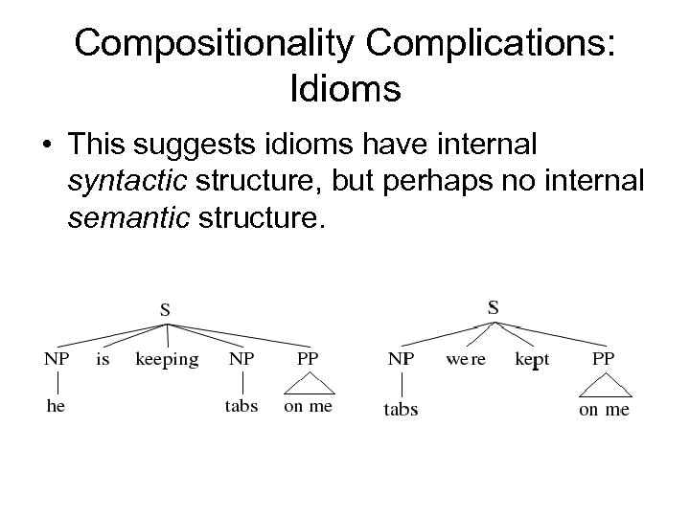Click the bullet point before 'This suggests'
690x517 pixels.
click(x=46, y=146)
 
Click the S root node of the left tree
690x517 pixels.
click(x=166, y=309)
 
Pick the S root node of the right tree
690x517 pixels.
click(x=493, y=307)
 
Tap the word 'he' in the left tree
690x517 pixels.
click(x=57, y=405)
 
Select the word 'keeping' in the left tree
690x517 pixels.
click(x=167, y=360)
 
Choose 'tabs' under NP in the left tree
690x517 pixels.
click(x=242, y=405)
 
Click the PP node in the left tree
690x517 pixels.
click(x=308, y=360)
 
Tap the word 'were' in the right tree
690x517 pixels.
click(x=467, y=360)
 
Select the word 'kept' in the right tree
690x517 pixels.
click(x=532, y=361)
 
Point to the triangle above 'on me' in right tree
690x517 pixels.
click(x=604, y=387)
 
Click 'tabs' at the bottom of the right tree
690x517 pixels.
click(x=401, y=410)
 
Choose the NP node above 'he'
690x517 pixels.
click(x=57, y=360)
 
